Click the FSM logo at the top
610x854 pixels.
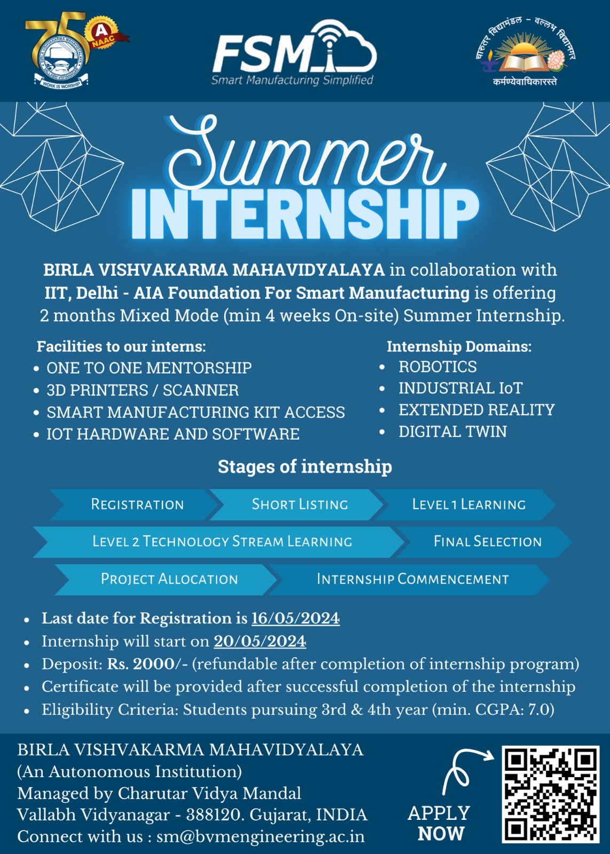294,53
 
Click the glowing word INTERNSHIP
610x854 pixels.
305,213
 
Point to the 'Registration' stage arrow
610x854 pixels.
137,504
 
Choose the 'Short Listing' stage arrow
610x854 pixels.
299,504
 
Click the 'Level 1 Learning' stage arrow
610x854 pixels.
468,504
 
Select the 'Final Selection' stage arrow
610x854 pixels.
487,542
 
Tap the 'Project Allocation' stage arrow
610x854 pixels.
169,579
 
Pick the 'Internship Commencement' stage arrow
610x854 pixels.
412,579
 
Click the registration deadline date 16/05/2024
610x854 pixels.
295,618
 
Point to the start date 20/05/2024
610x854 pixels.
260,641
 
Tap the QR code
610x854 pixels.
550,794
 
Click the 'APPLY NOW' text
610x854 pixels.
439,823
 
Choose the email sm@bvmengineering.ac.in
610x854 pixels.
261,836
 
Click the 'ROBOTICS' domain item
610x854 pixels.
437,367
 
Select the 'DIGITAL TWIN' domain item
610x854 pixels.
452,431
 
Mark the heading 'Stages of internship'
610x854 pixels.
305,466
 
